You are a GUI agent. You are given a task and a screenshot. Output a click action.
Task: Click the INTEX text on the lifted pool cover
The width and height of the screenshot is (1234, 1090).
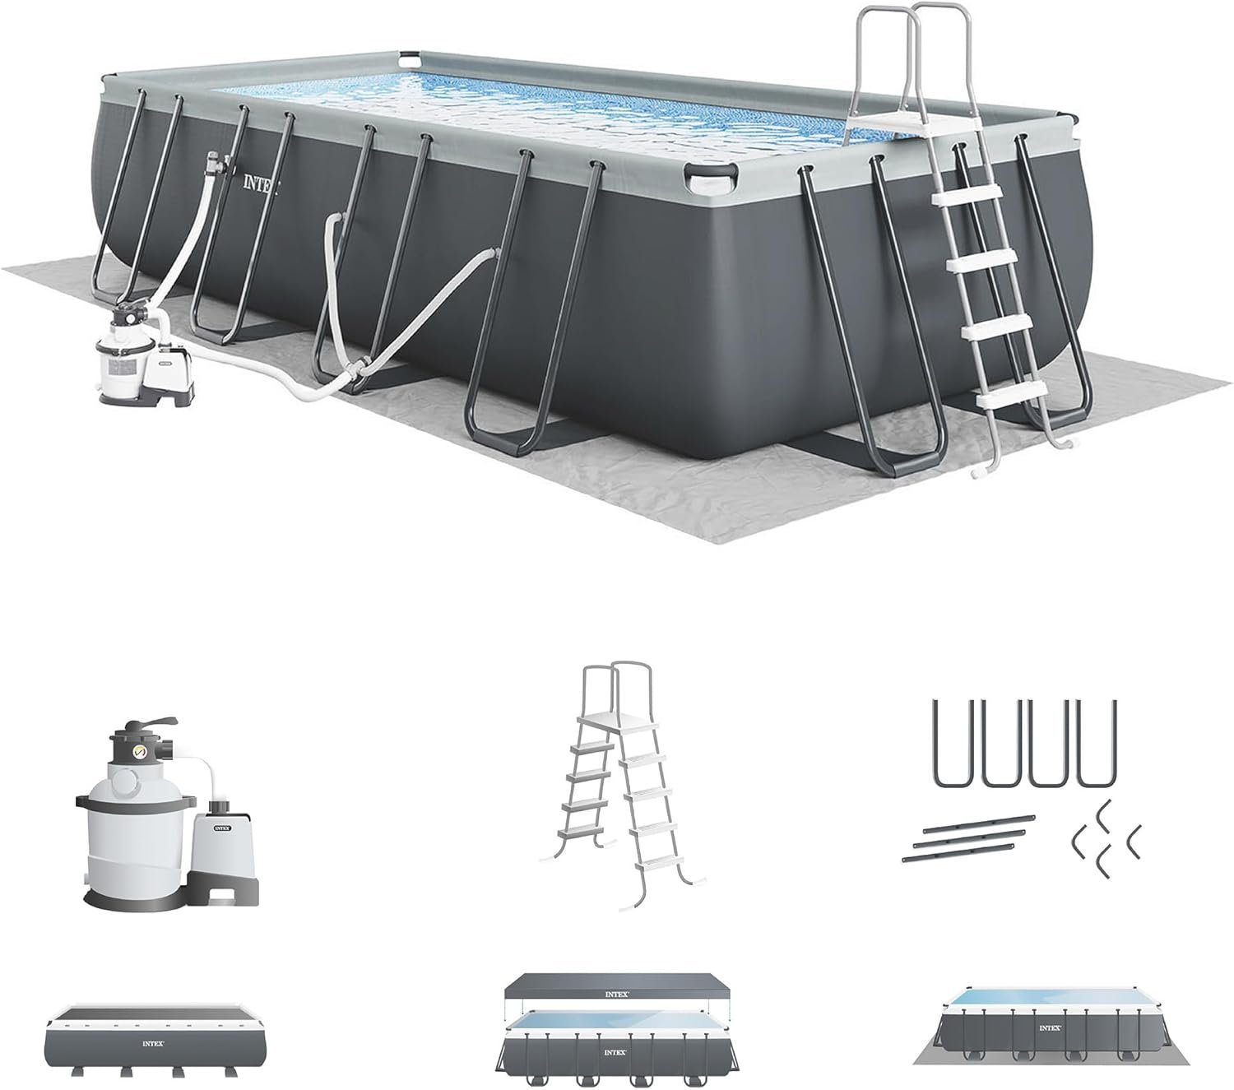point(618,994)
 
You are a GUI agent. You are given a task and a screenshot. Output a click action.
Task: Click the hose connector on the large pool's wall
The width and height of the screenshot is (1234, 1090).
point(212,156)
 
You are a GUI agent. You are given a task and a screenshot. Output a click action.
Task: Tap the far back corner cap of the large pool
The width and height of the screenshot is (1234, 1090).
point(410,59)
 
